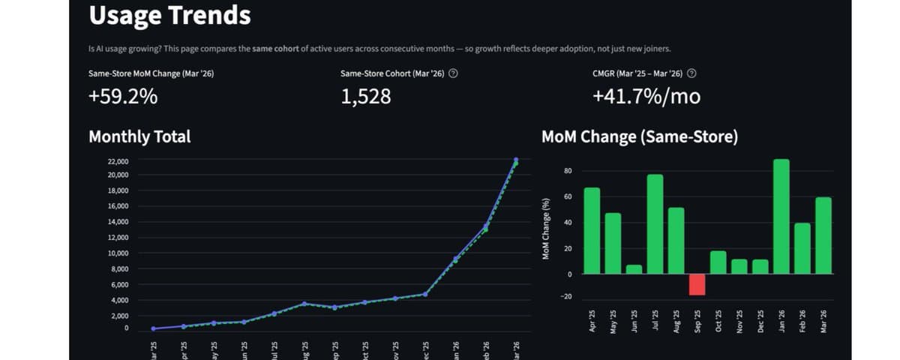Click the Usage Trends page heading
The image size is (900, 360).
click(x=169, y=16)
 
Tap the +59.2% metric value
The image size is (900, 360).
click(x=123, y=97)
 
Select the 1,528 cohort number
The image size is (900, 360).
click(x=365, y=97)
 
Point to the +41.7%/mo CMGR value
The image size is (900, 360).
click(x=646, y=97)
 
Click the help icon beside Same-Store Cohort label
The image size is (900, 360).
click(x=453, y=73)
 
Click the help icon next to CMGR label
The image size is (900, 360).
click(x=691, y=73)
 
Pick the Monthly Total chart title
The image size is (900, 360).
click(x=139, y=136)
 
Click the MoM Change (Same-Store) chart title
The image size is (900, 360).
click(x=640, y=136)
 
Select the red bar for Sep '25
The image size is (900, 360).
click(x=697, y=284)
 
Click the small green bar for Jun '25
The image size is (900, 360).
click(x=634, y=269)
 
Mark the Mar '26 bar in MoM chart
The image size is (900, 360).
click(x=823, y=235)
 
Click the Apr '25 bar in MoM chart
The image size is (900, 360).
click(x=592, y=230)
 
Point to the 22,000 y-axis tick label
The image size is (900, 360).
click(x=118, y=161)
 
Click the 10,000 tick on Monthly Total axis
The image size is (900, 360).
click(x=118, y=253)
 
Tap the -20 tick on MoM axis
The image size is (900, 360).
click(x=566, y=297)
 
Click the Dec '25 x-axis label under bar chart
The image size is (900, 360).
click(x=760, y=318)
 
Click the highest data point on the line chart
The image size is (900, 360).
click(x=516, y=160)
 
